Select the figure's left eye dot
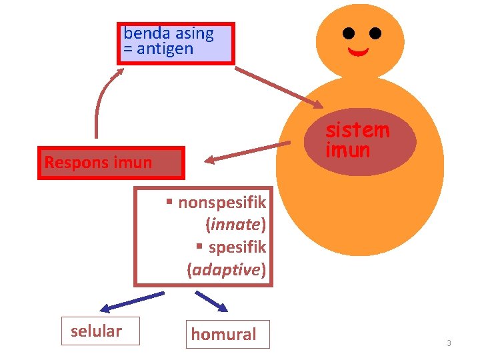coord(349,33)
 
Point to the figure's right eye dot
coord(375,33)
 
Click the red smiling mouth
coord(359,51)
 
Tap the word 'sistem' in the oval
coord(357,129)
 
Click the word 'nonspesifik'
coord(222,202)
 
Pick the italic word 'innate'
coord(236,225)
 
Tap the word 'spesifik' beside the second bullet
coord(237,247)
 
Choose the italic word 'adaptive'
coord(227,270)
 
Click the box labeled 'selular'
coord(101,331)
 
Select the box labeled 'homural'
coord(228,334)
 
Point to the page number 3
coord(449,343)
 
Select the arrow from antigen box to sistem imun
coord(279,86)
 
